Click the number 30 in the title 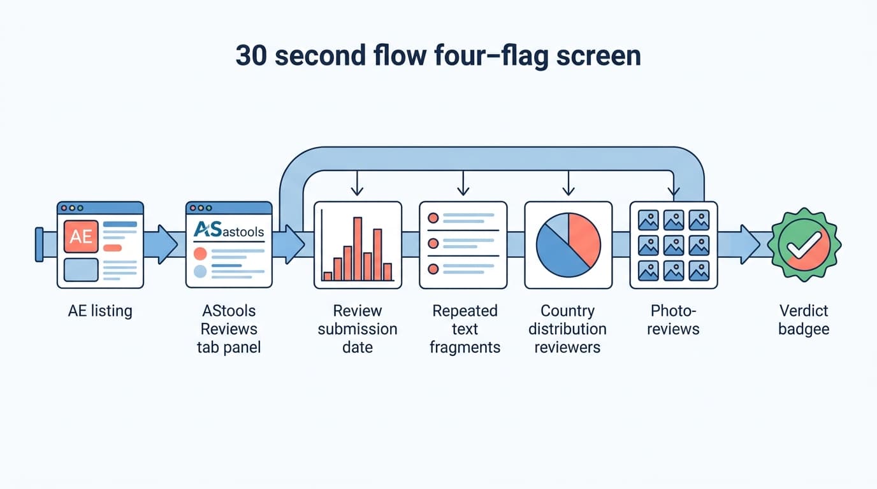coord(251,55)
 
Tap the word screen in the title coord(598,55)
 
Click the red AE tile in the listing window coord(81,236)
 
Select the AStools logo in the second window coord(229,230)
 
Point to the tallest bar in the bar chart coord(358,249)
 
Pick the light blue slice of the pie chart coord(558,226)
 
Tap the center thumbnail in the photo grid coord(674,245)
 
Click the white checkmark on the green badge coord(804,245)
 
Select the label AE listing coord(100,311)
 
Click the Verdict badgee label coord(804,320)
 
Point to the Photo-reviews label coord(673,320)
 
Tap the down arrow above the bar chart coord(357,183)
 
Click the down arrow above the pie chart coord(569,183)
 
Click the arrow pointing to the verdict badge coord(739,244)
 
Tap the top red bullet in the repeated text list coord(433,218)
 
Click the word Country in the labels coord(568,311)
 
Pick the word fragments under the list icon coord(465,348)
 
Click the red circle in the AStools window coord(200,253)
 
